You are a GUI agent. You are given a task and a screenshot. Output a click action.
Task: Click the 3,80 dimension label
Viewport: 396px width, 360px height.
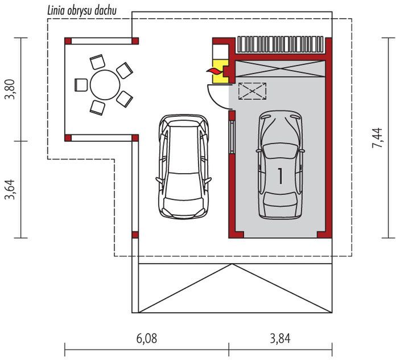(x=10, y=89)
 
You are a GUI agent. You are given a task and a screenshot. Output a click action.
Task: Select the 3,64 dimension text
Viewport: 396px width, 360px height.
(x=10, y=189)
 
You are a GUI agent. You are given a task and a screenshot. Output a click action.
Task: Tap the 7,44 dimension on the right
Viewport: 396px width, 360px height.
(x=378, y=138)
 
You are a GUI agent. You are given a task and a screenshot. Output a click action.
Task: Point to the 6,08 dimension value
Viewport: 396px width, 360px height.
(x=147, y=338)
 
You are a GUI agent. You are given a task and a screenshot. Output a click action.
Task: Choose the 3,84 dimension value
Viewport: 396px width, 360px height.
(x=280, y=338)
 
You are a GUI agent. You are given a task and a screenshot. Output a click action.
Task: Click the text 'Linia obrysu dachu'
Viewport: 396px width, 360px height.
(x=82, y=11)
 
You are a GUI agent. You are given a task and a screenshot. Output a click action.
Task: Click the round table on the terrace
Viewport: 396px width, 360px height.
(x=105, y=85)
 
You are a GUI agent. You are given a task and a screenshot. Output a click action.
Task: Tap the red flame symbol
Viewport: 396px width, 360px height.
(x=214, y=72)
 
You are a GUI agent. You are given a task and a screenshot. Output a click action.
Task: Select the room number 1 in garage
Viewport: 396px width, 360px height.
(x=280, y=176)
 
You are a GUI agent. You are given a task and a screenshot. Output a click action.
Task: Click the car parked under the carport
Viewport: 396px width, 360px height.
(x=183, y=166)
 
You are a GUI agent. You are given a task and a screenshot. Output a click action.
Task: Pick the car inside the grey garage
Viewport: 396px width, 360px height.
(x=280, y=165)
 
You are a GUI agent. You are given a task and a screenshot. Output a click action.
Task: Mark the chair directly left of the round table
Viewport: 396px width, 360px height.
(x=81, y=85)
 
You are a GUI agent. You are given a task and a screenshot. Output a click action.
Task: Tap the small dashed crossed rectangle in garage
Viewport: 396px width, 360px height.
(x=252, y=91)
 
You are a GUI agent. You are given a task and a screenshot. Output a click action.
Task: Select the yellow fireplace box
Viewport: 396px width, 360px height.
(x=221, y=72)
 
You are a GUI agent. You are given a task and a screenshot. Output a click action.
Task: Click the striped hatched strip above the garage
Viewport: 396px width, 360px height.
(x=280, y=44)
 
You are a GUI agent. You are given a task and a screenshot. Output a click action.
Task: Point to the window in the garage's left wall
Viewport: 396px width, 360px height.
(x=232, y=137)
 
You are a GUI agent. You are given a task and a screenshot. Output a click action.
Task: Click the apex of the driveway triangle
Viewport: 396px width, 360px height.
(x=232, y=264)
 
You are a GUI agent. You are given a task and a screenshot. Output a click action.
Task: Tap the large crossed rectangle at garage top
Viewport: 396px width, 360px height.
(x=280, y=68)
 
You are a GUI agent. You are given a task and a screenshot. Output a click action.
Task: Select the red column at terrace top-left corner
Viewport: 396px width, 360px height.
(x=68, y=41)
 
